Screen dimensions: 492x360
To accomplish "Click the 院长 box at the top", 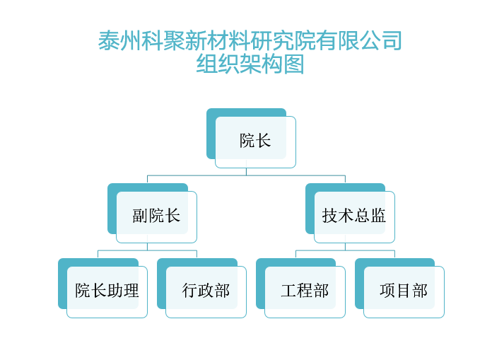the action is coord(255,142).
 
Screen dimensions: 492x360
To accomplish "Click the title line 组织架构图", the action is coord(250,64).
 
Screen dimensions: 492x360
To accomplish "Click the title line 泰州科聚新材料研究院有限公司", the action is coord(250,40).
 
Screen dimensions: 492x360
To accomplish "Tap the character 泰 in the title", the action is coord(109,40).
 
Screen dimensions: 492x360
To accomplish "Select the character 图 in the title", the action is coord(293,64).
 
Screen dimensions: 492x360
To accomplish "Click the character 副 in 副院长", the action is coord(140,216).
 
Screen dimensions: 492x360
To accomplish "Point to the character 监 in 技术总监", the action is coord(378,216).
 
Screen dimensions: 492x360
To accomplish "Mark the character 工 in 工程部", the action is coord(288,291).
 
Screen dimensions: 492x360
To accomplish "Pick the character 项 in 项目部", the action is coord(387,291).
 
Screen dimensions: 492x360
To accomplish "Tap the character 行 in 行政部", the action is coord(190,291).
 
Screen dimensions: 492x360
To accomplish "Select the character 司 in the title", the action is coord(392,40).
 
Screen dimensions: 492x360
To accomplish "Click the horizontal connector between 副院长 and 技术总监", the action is coord(246,175).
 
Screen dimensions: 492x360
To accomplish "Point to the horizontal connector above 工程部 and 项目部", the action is coord(345,250).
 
